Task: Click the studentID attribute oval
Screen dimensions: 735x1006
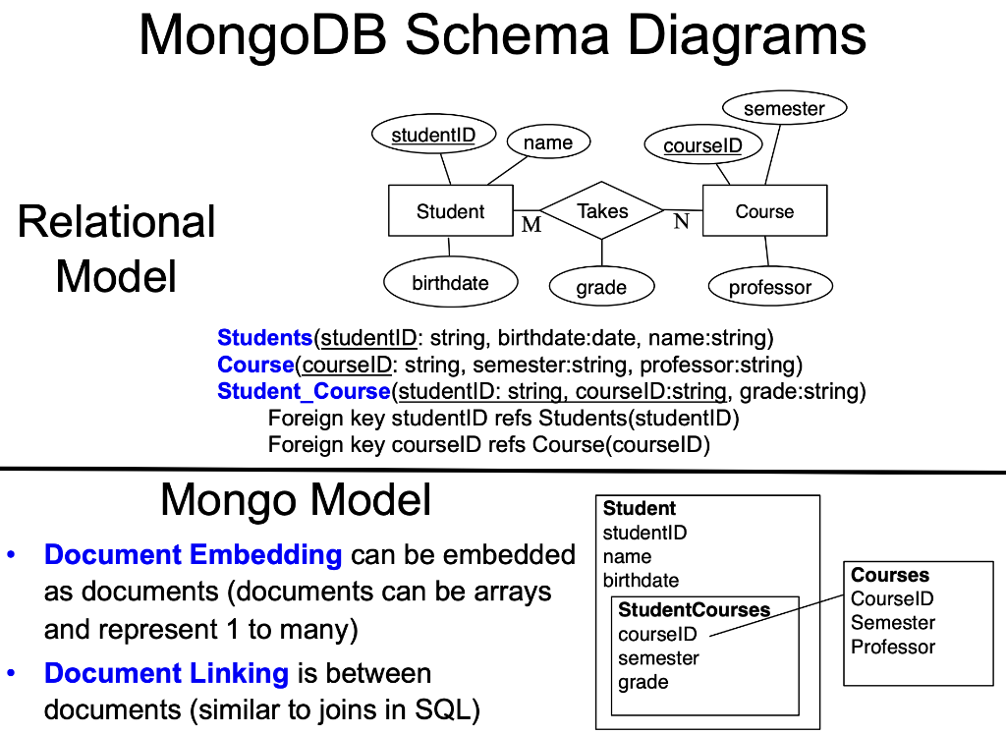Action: pyautogui.click(x=433, y=136)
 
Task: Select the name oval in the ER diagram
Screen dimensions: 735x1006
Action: pyautogui.click(x=548, y=143)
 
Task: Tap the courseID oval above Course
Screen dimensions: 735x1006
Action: pyautogui.click(x=702, y=146)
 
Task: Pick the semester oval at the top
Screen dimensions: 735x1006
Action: pyautogui.click(x=784, y=109)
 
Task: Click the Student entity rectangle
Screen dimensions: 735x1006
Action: pyautogui.click(x=450, y=211)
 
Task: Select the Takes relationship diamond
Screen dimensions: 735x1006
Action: pyautogui.click(x=602, y=211)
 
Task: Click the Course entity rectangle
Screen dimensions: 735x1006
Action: pyautogui.click(x=764, y=211)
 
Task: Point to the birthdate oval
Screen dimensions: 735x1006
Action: pyautogui.click(x=450, y=283)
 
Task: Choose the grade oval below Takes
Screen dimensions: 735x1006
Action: pyautogui.click(x=601, y=288)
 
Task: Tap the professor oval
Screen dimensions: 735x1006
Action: pyautogui.click(x=770, y=288)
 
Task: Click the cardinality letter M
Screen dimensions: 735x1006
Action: pyautogui.click(x=531, y=225)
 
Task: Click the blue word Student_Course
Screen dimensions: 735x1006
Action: pyautogui.click(x=304, y=392)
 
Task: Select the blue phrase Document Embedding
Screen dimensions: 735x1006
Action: pyautogui.click(x=193, y=555)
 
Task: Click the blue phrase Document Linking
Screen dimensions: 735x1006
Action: pyautogui.click(x=166, y=674)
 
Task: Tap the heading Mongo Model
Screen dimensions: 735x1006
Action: pyautogui.click(x=296, y=500)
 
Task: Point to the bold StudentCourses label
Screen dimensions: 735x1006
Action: pyautogui.click(x=694, y=610)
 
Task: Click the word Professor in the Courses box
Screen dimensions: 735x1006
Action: pyautogui.click(x=893, y=647)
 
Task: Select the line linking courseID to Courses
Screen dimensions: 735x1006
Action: pyautogui.click(x=776, y=613)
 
